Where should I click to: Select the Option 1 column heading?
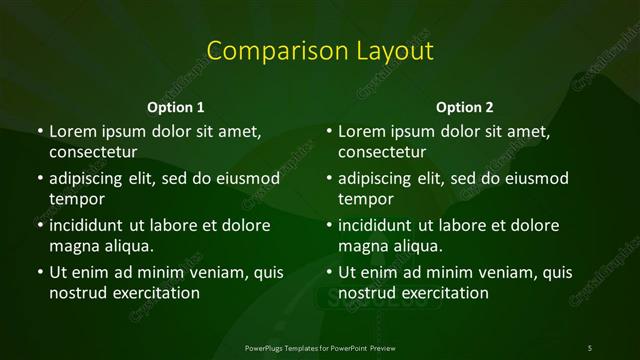[x=176, y=107]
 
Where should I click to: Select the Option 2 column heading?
[x=465, y=107]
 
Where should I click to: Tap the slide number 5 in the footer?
[x=590, y=347]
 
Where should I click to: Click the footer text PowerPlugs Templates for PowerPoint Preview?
[x=320, y=347]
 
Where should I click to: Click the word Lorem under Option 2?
[x=361, y=131]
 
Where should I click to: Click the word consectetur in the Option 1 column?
[x=92, y=152]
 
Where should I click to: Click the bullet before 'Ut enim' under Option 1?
[x=38, y=272]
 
